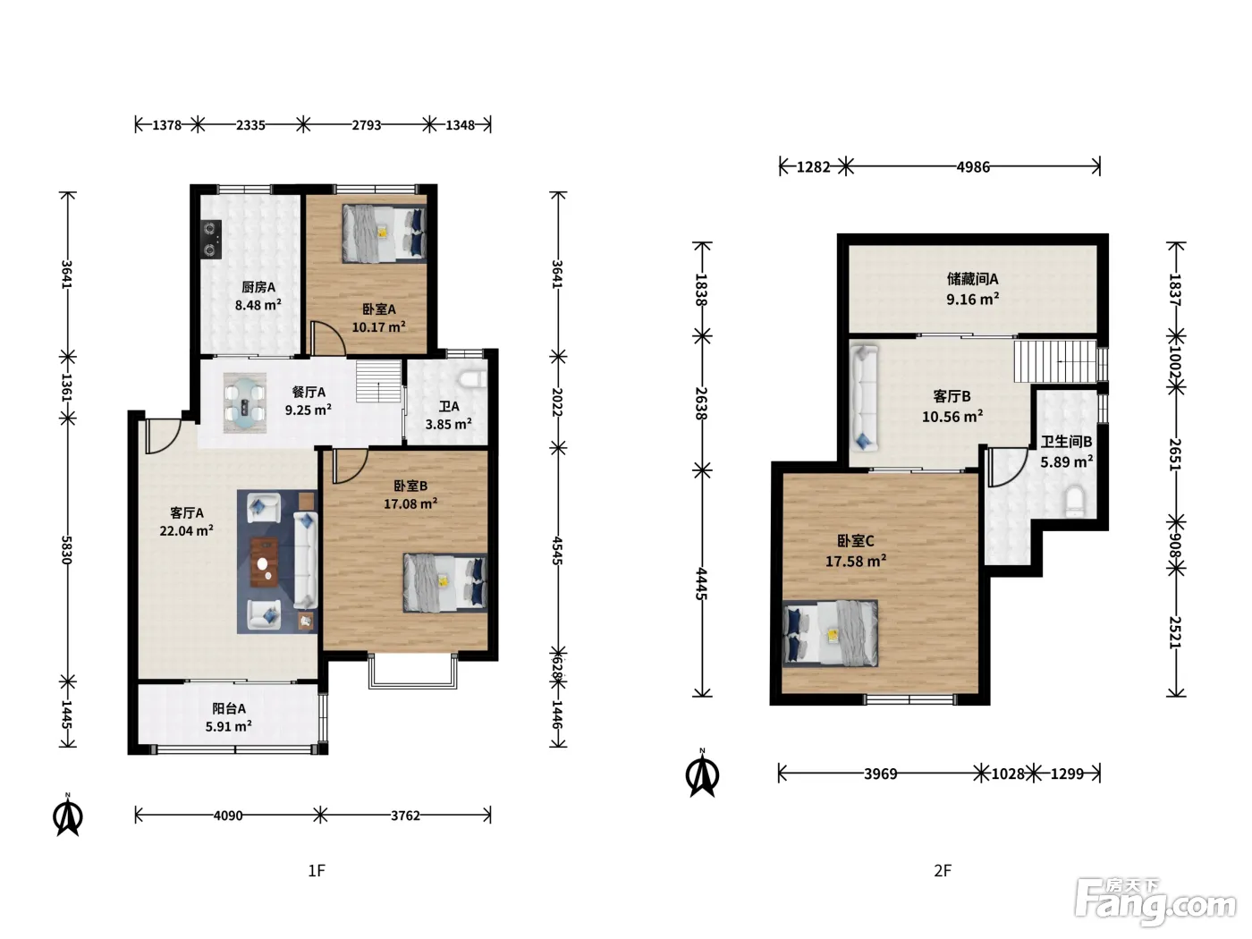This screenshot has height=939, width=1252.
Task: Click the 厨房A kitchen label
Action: coord(258,287)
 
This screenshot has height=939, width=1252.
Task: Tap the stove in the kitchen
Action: coord(211,239)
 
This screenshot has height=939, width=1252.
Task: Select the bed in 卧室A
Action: coord(384,234)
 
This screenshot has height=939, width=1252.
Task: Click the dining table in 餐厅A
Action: coord(245,402)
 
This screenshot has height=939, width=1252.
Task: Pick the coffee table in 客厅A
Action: coord(265,563)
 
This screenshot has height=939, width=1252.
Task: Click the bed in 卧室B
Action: coord(444,583)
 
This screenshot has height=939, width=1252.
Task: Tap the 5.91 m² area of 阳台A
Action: coord(229,726)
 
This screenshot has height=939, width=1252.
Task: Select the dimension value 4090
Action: coord(228,816)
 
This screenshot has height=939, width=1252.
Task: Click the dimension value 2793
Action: coord(366,125)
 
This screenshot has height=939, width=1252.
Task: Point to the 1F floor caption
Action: coord(317,870)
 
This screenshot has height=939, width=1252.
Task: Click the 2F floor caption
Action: coord(943,870)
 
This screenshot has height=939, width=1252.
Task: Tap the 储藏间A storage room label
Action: coord(972,279)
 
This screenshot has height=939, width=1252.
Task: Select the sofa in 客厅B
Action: coord(864,398)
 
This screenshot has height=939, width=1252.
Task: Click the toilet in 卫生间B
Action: coord(1075,501)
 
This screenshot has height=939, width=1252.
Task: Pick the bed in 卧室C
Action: coord(830,633)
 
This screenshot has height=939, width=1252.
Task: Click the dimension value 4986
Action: coord(973,167)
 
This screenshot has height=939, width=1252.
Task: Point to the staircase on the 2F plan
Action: coord(1056,361)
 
